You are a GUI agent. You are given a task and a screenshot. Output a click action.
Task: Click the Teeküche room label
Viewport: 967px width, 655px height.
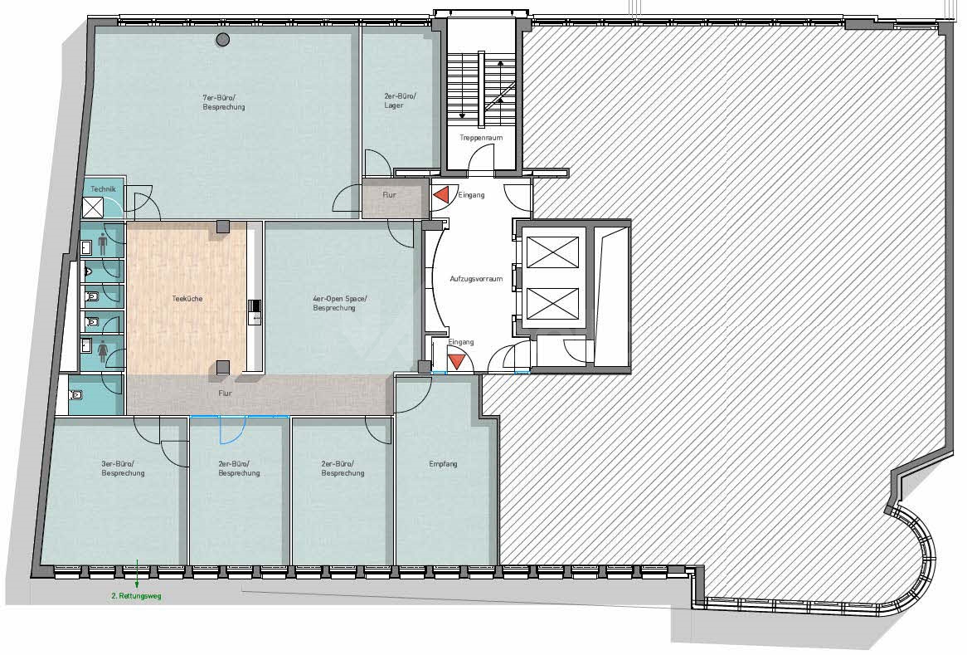pos(187,299)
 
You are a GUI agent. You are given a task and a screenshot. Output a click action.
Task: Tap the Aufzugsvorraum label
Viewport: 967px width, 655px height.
pos(476,279)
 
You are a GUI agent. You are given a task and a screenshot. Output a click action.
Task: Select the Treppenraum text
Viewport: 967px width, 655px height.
pos(481,138)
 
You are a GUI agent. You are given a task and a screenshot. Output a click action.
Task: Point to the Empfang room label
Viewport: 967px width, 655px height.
pos(444,464)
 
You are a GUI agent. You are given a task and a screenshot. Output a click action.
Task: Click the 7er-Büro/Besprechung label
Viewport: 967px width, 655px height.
pos(224,102)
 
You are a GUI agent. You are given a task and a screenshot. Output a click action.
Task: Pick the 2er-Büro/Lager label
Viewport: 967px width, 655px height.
pos(401,100)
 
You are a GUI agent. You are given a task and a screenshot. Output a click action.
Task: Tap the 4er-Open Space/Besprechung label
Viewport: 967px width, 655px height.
pos(340,303)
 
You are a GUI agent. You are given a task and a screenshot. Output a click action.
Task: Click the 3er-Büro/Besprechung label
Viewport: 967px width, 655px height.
pos(123,468)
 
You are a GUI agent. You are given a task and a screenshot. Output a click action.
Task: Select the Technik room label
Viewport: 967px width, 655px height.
pos(103,189)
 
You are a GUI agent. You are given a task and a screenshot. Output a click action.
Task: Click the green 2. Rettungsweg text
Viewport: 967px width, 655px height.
pos(136,596)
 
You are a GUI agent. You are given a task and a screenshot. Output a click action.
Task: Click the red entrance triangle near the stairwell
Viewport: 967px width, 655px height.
pos(440,195)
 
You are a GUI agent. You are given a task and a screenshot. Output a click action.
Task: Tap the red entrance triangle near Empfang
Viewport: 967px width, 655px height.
pos(456,361)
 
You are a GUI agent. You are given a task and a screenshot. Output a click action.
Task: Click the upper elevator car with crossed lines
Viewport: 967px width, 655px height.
pos(552,252)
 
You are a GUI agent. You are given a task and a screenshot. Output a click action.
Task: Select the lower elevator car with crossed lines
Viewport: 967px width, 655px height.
pos(552,302)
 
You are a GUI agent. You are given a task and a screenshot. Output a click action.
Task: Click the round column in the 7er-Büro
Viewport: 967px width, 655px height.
pos(222,40)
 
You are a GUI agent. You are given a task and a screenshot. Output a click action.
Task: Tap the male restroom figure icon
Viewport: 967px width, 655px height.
pos(102,245)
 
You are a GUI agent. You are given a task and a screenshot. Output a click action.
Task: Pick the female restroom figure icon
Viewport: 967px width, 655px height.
pos(102,353)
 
